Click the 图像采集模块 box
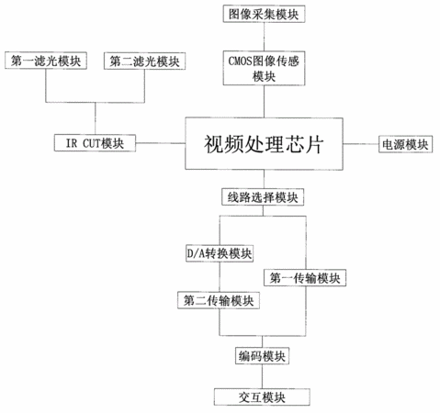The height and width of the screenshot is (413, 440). [264, 14]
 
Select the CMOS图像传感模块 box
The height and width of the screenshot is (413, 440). [264, 68]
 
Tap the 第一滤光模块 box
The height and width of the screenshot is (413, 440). [46, 61]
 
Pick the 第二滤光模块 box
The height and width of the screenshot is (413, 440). [144, 61]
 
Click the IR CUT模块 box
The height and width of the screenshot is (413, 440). [95, 143]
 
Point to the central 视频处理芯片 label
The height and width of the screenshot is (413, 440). [264, 144]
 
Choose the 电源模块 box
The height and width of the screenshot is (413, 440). [405, 144]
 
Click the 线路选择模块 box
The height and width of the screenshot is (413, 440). [263, 197]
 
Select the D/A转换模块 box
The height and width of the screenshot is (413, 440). [220, 253]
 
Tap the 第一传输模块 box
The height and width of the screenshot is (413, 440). [305, 278]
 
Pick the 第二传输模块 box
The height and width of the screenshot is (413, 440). [219, 300]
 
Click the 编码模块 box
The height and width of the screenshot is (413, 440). [262, 355]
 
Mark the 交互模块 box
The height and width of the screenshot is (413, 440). [262, 396]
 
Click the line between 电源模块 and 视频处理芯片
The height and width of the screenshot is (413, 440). [361, 144]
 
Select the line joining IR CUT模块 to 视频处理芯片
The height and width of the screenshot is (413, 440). [161, 143]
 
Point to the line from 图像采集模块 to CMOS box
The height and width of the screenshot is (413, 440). [264, 37]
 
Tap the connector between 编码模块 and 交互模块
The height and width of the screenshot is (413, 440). [262, 376]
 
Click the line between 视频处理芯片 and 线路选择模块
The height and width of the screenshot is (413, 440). [264, 179]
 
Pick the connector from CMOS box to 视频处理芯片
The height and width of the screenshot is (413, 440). [264, 101]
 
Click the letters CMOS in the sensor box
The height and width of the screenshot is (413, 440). [240, 61]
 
